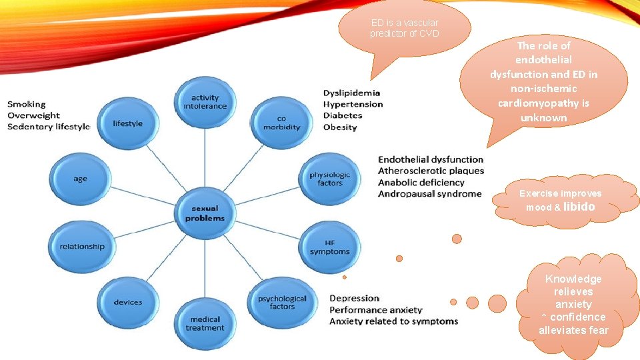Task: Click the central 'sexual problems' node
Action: [205, 213]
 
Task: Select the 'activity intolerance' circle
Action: [205, 102]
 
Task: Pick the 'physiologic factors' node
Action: [329, 179]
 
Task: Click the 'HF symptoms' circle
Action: [329, 247]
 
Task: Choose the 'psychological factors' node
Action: [282, 302]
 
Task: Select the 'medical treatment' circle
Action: [205, 323]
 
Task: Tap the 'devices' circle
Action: [127, 302]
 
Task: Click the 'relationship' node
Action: [82, 246]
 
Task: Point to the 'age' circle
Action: [81, 179]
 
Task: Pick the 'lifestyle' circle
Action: [127, 123]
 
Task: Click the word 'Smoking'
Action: [27, 104]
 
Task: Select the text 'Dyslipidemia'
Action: [351, 93]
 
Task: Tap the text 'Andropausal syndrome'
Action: [429, 194]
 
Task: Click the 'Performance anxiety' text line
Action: [376, 310]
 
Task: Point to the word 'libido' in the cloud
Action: [579, 207]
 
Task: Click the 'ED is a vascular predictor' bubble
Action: [405, 28]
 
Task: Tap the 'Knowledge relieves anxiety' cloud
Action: [573, 304]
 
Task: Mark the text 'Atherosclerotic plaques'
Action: [431, 171]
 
